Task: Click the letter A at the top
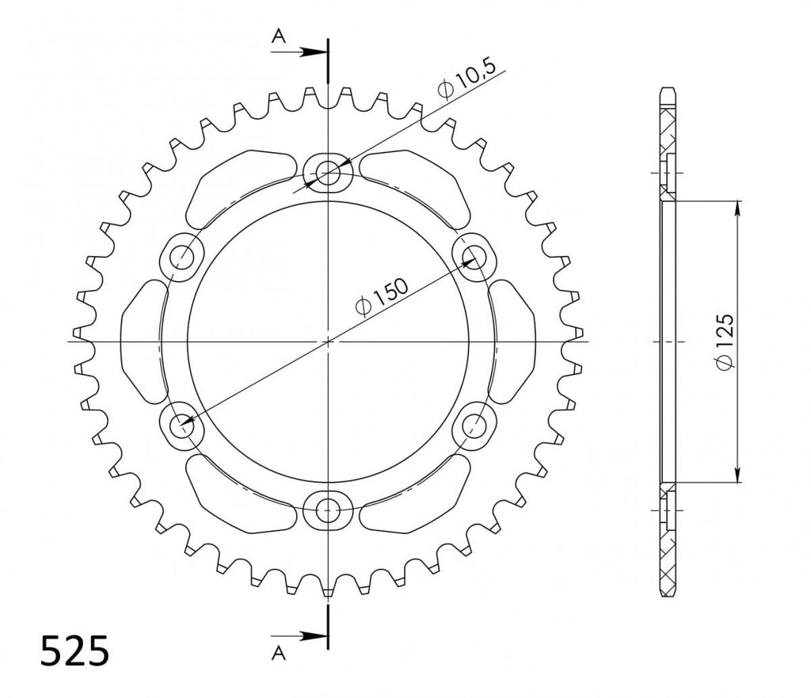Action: pos(279,36)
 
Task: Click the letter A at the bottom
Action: pos(279,654)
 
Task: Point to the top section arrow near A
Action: pos(299,51)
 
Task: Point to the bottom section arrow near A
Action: pos(299,636)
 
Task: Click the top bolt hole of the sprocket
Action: pos(328,171)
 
